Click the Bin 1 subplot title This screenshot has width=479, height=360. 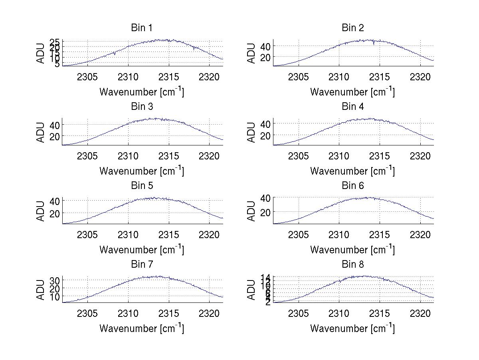click(142, 28)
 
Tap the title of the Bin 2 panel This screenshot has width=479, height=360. click(353, 28)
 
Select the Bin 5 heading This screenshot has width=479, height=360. click(142, 186)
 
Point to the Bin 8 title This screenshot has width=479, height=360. click(353, 265)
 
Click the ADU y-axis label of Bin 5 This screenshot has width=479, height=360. click(40, 211)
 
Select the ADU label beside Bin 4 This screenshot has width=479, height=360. click(251, 132)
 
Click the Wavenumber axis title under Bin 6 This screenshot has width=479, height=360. click(352, 250)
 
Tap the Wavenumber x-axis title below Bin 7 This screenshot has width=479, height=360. click(142, 328)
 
